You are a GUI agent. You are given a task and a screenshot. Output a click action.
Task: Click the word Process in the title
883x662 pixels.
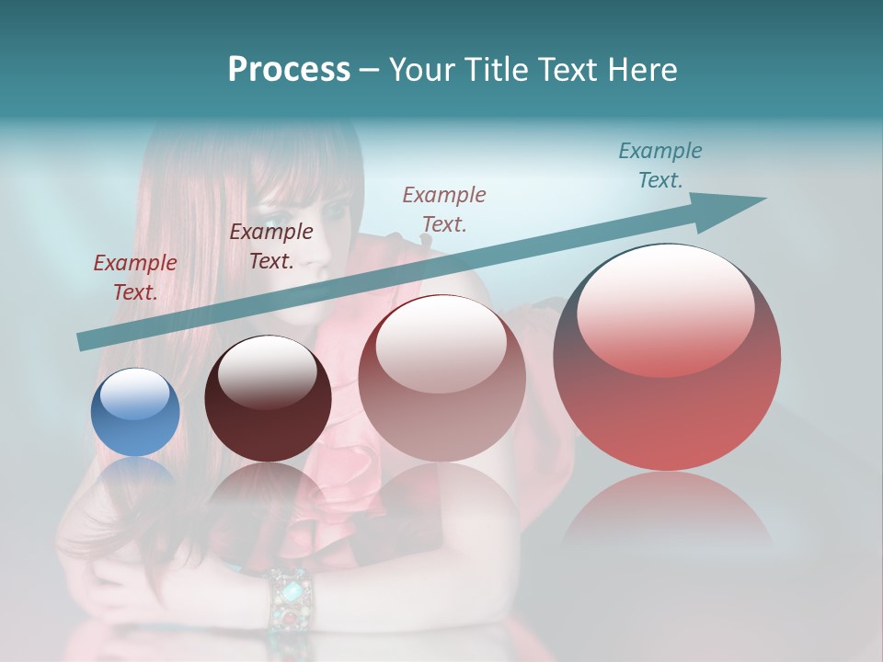[x=289, y=70]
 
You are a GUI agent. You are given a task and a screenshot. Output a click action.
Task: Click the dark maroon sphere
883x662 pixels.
[x=268, y=400]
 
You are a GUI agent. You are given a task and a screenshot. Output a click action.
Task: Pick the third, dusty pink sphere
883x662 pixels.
[x=441, y=379]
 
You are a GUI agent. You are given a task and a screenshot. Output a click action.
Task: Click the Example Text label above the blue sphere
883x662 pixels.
[x=135, y=278]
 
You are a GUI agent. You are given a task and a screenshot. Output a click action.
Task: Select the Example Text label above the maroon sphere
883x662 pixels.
[x=271, y=246]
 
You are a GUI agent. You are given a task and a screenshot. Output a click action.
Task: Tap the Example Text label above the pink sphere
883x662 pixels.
[x=444, y=209]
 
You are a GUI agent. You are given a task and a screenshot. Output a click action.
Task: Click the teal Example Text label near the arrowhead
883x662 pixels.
[x=659, y=165]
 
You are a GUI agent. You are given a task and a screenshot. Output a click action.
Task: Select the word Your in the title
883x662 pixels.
[x=421, y=70]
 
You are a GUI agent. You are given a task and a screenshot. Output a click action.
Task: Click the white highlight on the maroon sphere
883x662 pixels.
[x=267, y=370]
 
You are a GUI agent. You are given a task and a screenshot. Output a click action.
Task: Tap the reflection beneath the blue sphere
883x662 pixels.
[x=135, y=478]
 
